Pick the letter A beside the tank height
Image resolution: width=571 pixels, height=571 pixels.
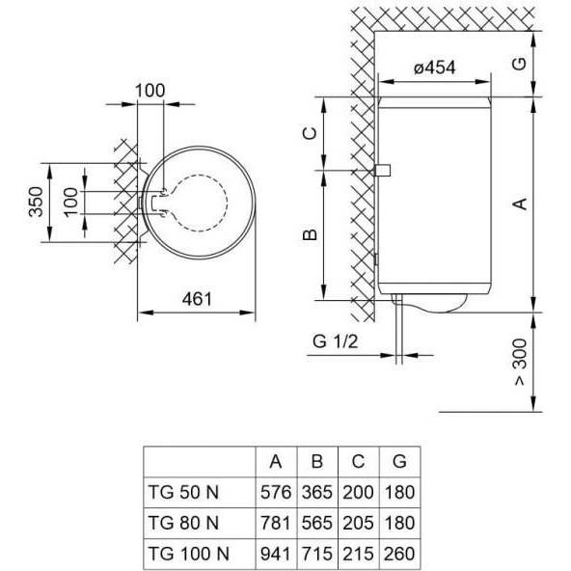(518, 204)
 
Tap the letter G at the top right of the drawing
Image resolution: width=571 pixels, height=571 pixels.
(518, 64)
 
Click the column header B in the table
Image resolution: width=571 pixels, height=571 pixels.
(317, 461)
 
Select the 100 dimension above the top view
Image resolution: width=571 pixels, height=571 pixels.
(150, 90)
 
